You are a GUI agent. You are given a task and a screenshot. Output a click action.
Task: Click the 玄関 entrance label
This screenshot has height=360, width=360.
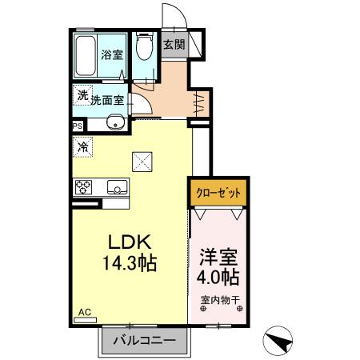tap(174, 45)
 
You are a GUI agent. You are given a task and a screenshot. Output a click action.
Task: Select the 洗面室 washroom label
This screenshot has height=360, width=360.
tap(106, 101)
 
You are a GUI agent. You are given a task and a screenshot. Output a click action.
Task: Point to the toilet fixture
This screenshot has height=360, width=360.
tap(144, 48)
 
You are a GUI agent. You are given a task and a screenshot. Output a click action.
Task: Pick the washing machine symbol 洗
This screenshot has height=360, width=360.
tap(83, 95)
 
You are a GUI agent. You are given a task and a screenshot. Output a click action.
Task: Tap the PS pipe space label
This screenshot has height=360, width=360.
tap(78, 126)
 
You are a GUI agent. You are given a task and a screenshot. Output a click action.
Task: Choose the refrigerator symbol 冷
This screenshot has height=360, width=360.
tap(82, 146)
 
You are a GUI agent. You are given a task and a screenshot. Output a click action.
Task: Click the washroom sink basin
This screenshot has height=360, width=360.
tap(116, 122)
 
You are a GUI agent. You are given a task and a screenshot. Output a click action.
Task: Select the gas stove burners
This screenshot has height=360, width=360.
tap(85, 188)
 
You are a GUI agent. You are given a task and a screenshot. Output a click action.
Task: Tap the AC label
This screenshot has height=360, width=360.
tap(83, 311)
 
